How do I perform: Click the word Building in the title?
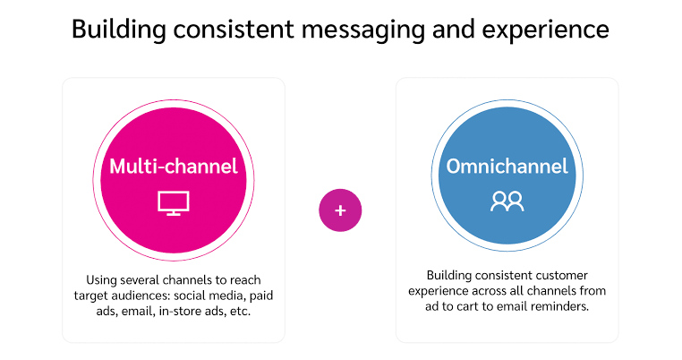tap(119, 30)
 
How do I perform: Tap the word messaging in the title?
tap(362, 30)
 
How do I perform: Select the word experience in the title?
tap(545, 30)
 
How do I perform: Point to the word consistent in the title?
tap(234, 30)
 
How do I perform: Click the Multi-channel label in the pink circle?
tap(174, 167)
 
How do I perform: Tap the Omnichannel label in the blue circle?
tap(507, 167)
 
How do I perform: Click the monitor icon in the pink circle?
tap(174, 203)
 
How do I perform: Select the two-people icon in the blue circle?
tap(507, 201)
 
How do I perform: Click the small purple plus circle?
tap(340, 210)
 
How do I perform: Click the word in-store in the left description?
tap(178, 312)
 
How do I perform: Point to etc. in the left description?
tap(241, 312)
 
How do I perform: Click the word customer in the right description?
tap(561, 276)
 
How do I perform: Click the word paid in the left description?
tap(261, 296)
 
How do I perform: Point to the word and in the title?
tap(453, 30)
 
